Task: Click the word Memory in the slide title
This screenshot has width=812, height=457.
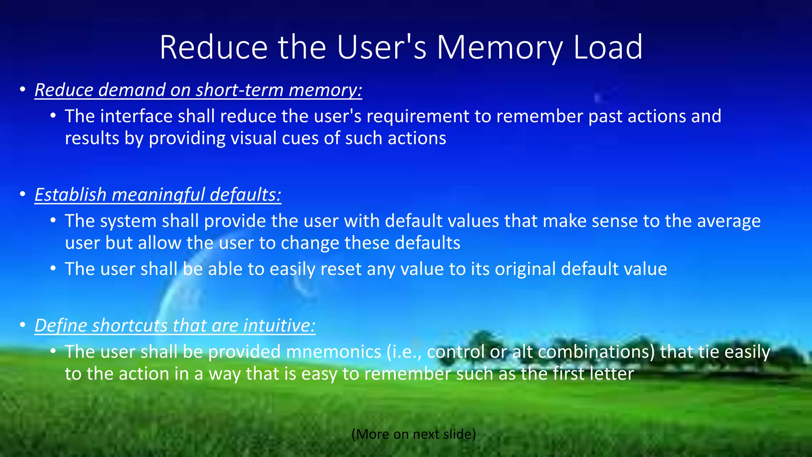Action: point(500,48)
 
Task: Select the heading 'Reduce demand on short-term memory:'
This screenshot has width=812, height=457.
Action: point(198,90)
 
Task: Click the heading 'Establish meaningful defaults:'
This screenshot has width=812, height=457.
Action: point(158,195)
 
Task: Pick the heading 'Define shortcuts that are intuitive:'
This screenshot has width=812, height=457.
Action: point(175,326)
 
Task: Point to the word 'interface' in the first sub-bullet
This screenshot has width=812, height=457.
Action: point(136,116)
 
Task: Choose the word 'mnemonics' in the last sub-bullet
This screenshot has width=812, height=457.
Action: point(333,352)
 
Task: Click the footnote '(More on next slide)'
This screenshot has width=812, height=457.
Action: point(414,434)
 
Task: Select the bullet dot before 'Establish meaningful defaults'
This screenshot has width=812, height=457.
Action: point(23,194)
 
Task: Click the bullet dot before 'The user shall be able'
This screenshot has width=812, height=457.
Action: point(53,269)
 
